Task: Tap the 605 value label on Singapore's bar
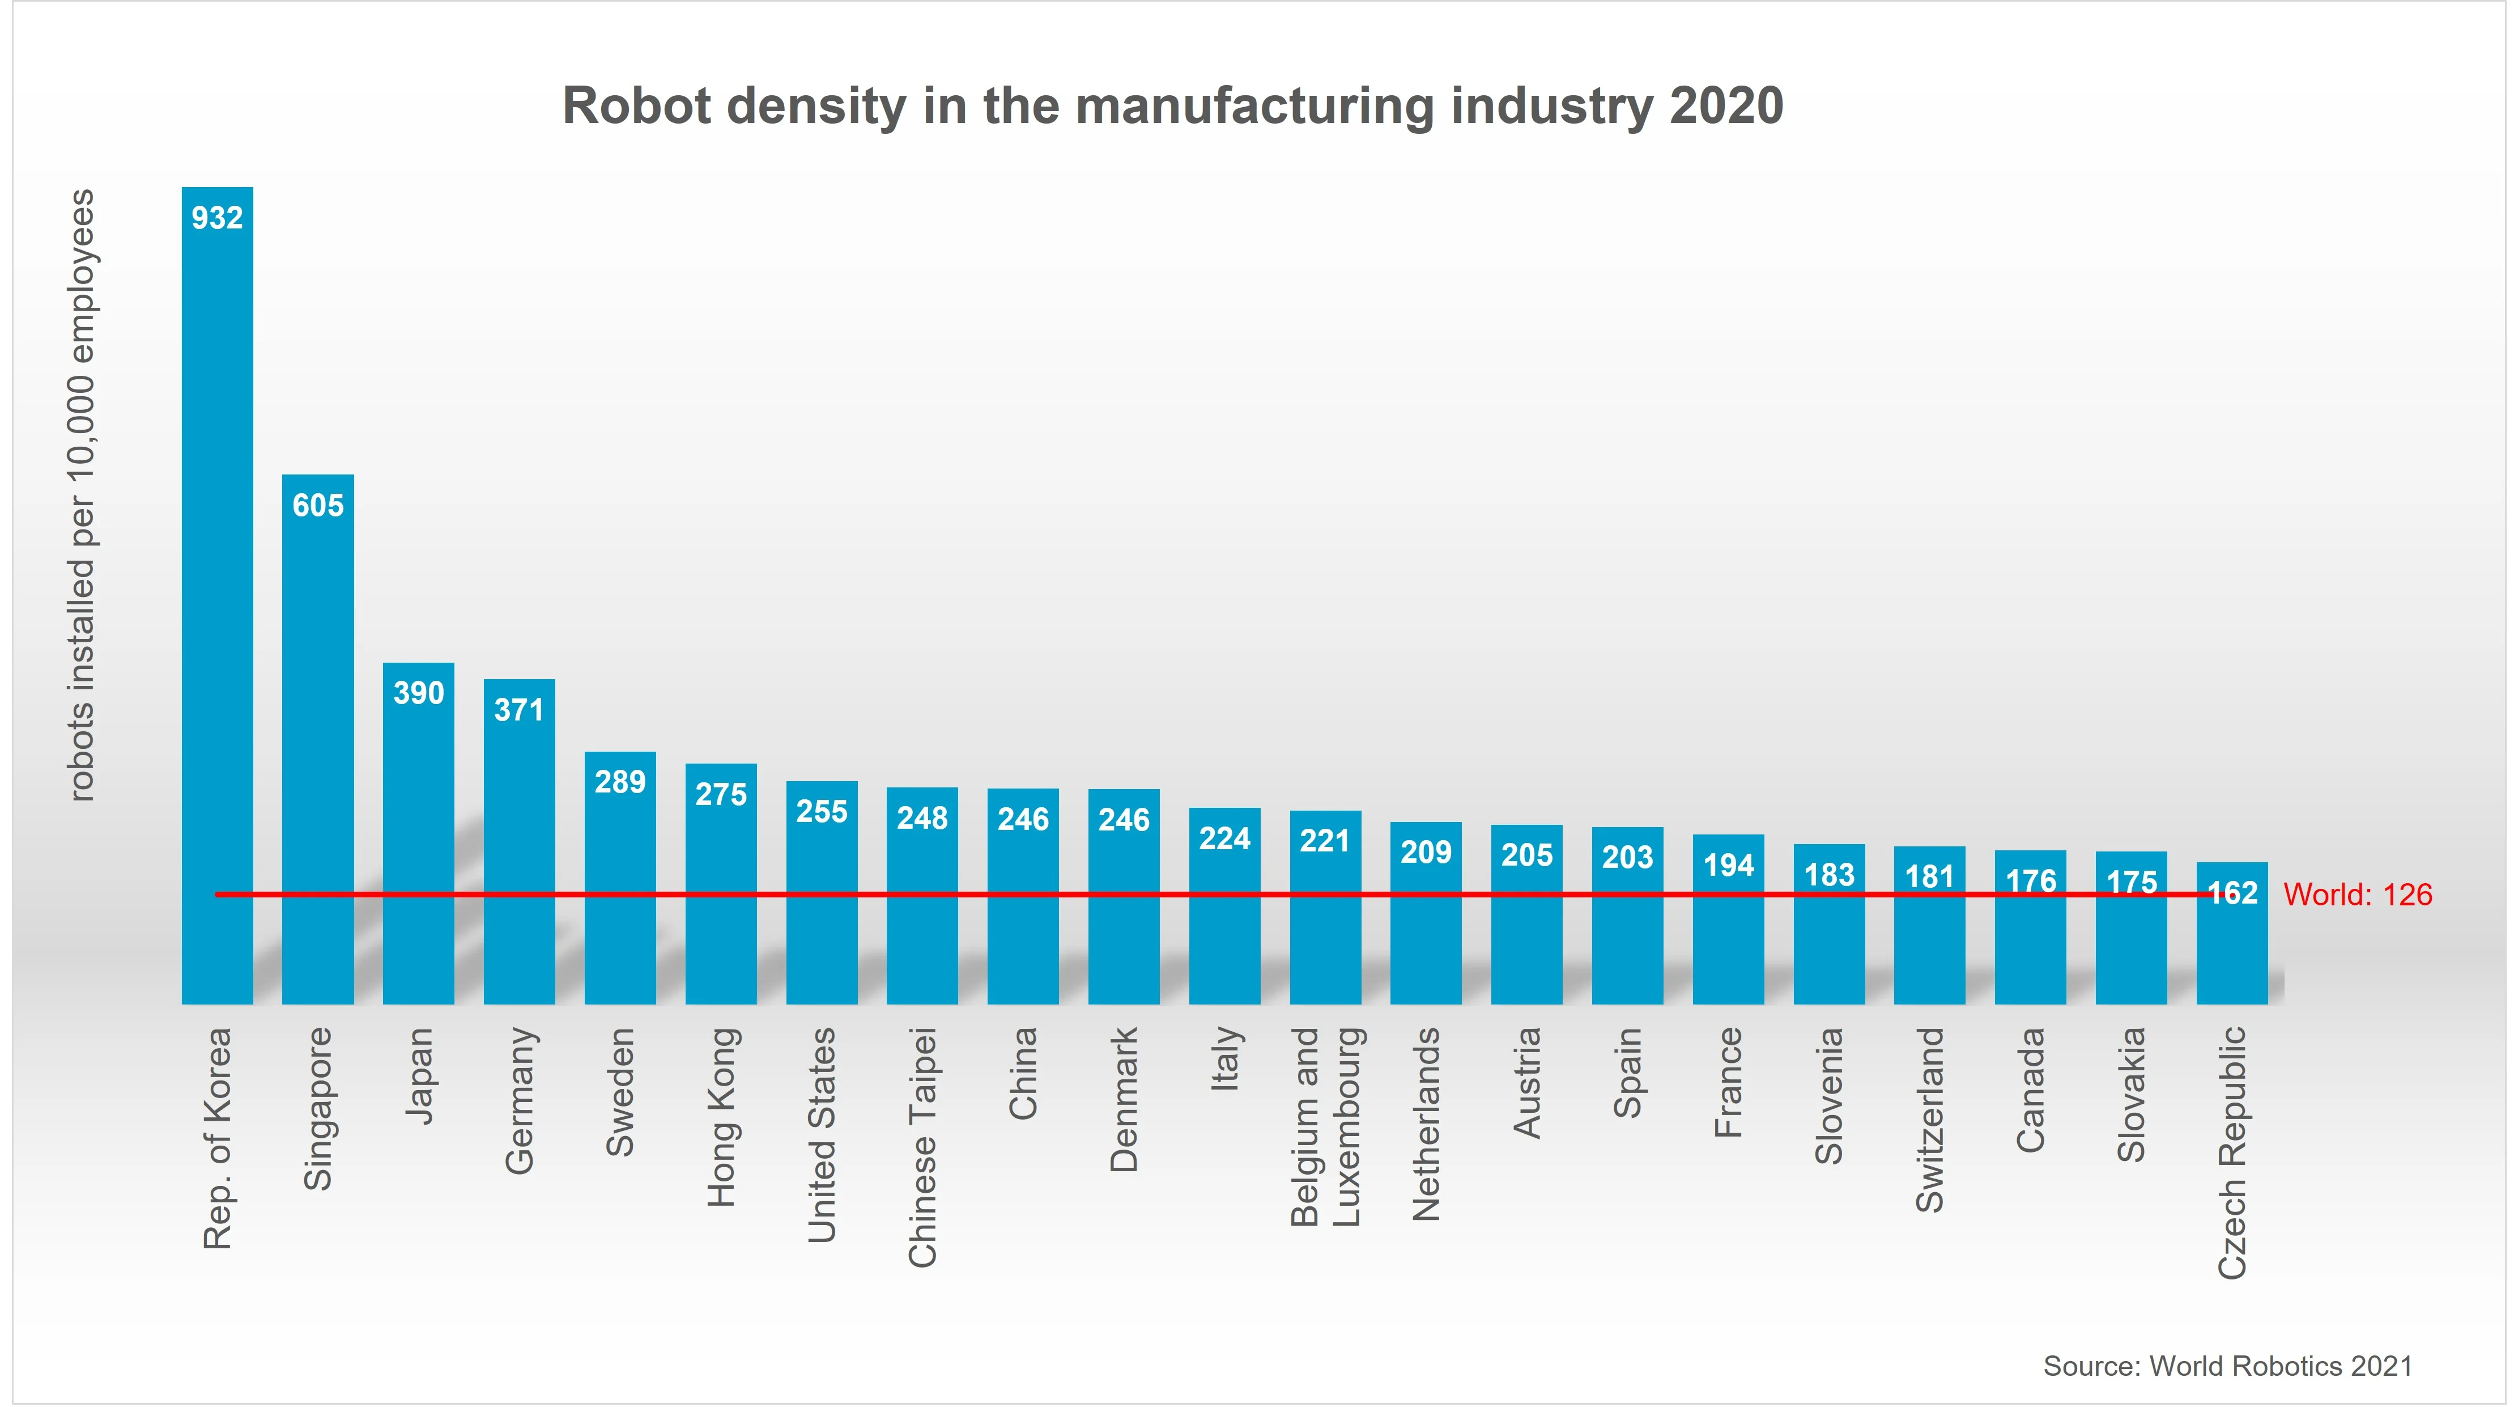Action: click(318, 506)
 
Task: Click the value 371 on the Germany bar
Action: click(519, 710)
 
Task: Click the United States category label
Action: click(821, 1134)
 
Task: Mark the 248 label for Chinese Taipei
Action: click(922, 819)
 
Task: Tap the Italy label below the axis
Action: click(1225, 1059)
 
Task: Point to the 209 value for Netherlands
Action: click(1426, 853)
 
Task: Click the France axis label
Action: click(1728, 1082)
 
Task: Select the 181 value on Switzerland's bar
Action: click(1929, 877)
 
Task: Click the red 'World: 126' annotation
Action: click(2357, 895)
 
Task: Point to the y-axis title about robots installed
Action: click(82, 495)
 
